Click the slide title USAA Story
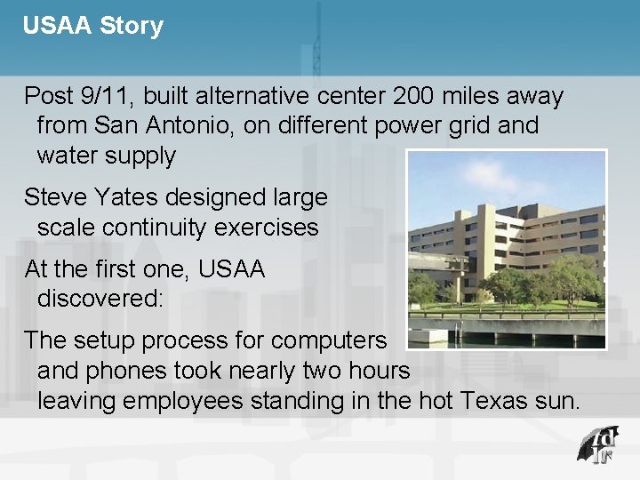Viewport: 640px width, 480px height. click(x=93, y=26)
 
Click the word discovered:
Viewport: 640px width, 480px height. click(x=100, y=298)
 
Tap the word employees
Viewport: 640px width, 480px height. click(x=182, y=401)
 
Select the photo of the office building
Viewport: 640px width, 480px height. click(x=507, y=249)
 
